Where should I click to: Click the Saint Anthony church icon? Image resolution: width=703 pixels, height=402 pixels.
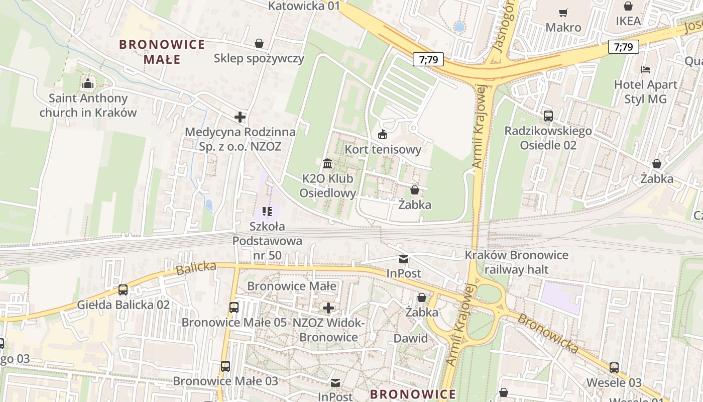[x=88, y=83]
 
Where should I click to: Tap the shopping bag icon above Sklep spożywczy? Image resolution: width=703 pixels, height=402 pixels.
[x=259, y=44]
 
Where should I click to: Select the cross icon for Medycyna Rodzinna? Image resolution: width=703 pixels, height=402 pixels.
[x=240, y=117]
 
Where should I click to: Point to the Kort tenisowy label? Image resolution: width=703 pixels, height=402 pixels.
[x=383, y=149]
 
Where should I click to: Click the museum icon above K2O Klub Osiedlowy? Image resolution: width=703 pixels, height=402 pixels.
[x=327, y=163]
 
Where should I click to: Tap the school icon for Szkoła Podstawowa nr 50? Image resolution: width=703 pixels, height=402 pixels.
[x=267, y=212]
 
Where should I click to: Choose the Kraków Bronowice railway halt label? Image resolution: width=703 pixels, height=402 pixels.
[x=516, y=262]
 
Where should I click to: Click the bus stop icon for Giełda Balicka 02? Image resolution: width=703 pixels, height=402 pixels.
[x=123, y=290]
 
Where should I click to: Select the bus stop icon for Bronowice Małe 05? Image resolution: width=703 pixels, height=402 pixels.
[x=234, y=308]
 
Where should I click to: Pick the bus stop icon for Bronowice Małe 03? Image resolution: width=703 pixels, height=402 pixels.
[x=225, y=366]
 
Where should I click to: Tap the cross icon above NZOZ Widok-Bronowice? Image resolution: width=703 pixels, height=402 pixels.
[x=328, y=308]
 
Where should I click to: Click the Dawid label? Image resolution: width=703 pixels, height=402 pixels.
[x=411, y=338]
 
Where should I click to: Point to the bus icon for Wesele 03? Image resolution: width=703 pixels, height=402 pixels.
[x=614, y=367]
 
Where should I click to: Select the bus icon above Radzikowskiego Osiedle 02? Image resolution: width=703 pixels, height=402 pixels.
[x=548, y=116]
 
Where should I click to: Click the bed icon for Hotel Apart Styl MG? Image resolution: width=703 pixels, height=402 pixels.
[x=646, y=70]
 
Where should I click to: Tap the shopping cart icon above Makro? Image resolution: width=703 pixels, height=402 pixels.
[x=563, y=13]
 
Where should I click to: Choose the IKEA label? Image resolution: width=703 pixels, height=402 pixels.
[x=628, y=21]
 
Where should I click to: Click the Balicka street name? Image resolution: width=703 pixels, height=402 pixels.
[x=196, y=268]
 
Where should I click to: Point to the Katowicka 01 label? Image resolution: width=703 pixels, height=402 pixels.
[x=304, y=6]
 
